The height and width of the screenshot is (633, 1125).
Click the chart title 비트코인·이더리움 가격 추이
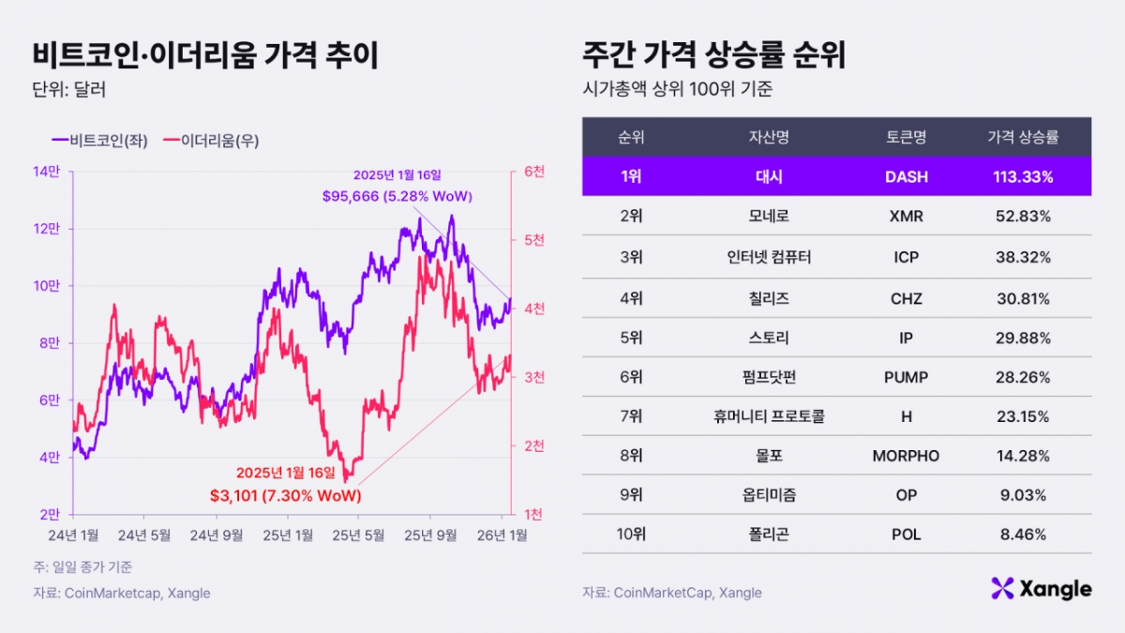(x=205, y=55)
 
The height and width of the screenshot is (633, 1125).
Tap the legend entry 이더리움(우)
(x=211, y=141)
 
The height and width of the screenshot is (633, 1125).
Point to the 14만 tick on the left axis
(x=46, y=172)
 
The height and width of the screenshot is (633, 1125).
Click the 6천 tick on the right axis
(x=534, y=172)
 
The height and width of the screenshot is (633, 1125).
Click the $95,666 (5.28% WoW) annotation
(x=397, y=196)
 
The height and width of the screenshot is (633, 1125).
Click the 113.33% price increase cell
(x=1023, y=176)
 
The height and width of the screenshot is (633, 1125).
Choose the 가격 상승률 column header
(x=1023, y=137)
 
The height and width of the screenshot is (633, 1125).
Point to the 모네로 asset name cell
(x=769, y=216)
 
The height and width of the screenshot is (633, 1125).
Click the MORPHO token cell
(x=906, y=456)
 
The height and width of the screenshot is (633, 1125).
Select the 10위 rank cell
(x=630, y=535)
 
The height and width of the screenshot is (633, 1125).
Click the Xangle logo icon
(x=1003, y=588)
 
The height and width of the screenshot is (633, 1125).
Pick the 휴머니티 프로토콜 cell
(x=769, y=416)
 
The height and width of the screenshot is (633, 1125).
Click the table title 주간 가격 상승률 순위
(x=713, y=55)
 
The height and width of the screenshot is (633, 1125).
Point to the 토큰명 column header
(x=906, y=137)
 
